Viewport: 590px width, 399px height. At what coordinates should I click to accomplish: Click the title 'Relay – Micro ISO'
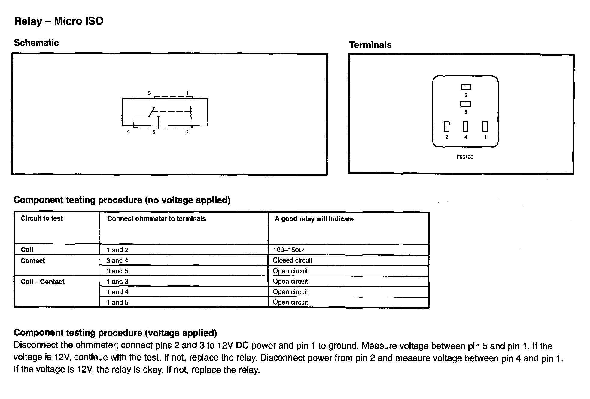point(59,21)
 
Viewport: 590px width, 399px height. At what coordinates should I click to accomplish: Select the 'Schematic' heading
point(36,43)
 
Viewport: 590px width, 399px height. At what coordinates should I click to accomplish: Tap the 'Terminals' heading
point(370,45)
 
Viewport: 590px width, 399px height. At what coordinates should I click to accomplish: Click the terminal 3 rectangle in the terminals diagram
point(466,87)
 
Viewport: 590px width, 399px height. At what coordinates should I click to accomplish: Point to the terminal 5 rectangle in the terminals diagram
point(466,104)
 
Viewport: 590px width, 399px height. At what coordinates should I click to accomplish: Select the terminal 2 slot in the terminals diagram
point(447,126)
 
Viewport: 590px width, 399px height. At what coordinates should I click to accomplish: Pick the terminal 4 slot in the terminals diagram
point(465,126)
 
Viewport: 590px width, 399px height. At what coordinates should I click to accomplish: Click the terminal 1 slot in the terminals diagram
point(485,126)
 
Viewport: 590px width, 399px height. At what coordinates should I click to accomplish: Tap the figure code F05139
point(465,157)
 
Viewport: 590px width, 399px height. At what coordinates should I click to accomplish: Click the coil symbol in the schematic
point(191,112)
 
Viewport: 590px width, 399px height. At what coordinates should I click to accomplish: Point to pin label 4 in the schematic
point(129,132)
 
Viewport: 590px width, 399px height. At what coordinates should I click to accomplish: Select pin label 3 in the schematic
point(149,93)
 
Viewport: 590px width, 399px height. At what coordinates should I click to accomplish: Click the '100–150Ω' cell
point(288,250)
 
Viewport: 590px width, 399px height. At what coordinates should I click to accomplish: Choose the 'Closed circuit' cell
point(292,260)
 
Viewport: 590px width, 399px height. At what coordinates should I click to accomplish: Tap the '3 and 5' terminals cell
point(117,271)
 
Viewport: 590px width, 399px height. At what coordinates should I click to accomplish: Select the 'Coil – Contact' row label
point(42,282)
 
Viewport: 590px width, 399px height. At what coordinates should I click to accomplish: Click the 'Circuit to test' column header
point(41,218)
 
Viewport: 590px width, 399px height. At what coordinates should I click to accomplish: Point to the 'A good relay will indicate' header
point(314,219)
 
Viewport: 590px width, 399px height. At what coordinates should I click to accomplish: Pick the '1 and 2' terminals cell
point(117,250)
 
